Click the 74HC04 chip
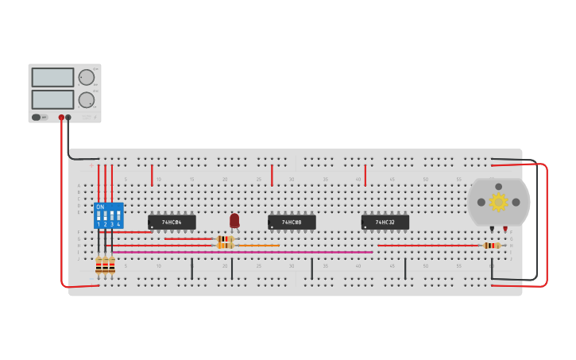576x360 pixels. pyautogui.click(x=172, y=223)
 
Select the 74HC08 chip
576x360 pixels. pyautogui.click(x=292, y=223)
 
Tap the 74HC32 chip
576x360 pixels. pyautogui.click(x=385, y=223)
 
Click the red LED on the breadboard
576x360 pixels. pyautogui.click(x=234, y=220)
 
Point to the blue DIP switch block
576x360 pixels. pyautogui.click(x=109, y=215)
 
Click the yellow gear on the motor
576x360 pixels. pyautogui.click(x=498, y=202)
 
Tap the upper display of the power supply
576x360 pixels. pyautogui.click(x=52, y=77)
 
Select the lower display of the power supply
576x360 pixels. pyautogui.click(x=52, y=99)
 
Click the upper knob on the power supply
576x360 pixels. pyautogui.click(x=86, y=77)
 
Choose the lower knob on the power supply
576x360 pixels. pyautogui.click(x=86, y=99)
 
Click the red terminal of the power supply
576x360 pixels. pyautogui.click(x=61, y=118)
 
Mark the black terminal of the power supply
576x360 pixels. pyautogui.click(x=68, y=118)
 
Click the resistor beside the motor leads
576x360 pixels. pyautogui.click(x=492, y=246)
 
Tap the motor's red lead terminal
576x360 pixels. pyautogui.click(x=504, y=229)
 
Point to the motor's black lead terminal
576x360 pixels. pyautogui.click(x=492, y=229)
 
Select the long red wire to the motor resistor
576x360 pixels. pyautogui.click(x=429, y=246)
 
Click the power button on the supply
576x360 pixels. pyautogui.click(x=37, y=118)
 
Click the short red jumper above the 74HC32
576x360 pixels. pyautogui.click(x=365, y=175)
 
